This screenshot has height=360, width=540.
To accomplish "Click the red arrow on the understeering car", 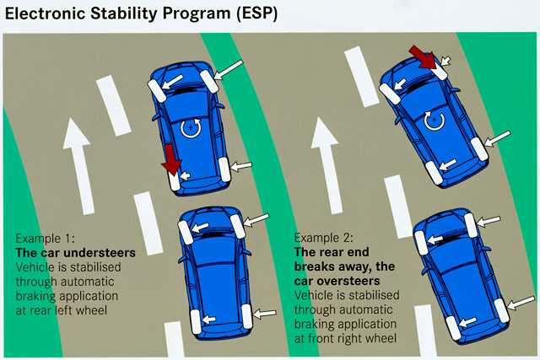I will (x=172, y=159).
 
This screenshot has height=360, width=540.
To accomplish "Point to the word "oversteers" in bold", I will (x=346, y=279).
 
